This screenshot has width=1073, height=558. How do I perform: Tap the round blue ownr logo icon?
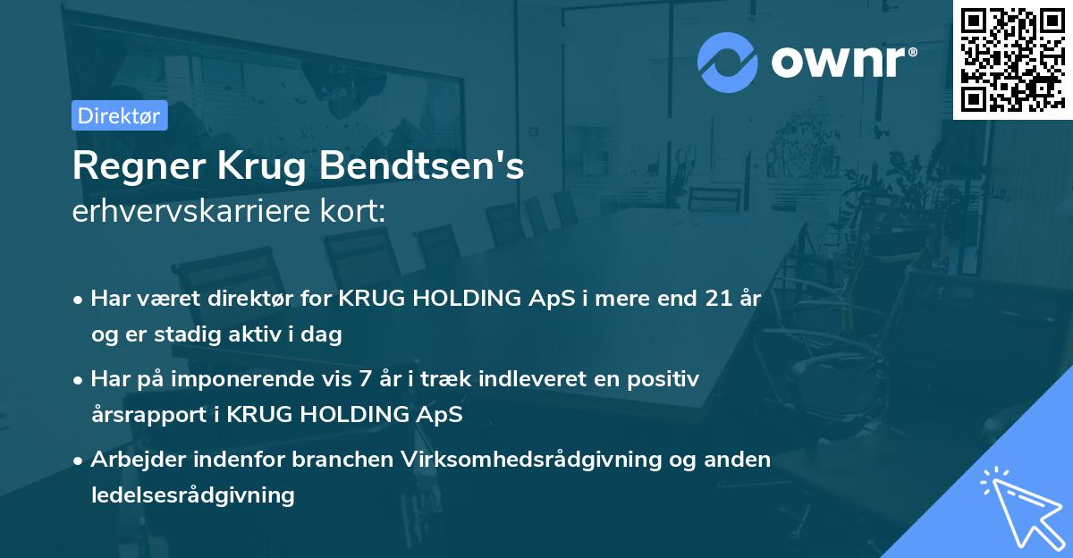click(x=728, y=63)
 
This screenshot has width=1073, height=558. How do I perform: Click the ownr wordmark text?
click(x=843, y=62)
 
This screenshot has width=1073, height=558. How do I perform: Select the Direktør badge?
click(x=119, y=115)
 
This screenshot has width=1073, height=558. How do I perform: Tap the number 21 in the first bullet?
click(x=718, y=299)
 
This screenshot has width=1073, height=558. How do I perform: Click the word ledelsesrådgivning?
click(x=192, y=495)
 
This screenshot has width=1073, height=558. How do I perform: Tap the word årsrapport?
click(x=145, y=414)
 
